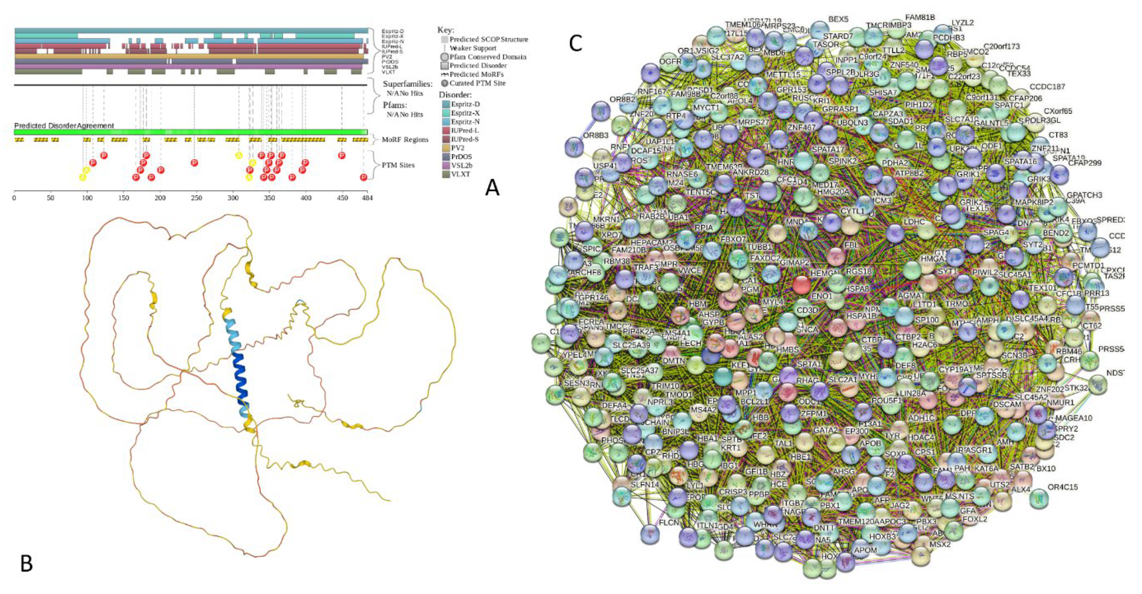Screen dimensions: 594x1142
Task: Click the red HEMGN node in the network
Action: coord(801,285)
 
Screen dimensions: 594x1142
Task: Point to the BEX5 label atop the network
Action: coord(838,19)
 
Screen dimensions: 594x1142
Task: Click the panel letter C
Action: coord(575,44)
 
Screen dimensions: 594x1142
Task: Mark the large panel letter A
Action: coord(492,188)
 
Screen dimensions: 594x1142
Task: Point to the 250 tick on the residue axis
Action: coord(196,198)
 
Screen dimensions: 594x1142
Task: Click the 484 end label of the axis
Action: coord(366,198)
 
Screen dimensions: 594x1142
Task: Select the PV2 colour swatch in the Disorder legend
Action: coord(445,148)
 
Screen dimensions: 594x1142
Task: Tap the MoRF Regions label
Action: coord(405,139)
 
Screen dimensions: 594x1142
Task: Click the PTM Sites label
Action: coord(398,165)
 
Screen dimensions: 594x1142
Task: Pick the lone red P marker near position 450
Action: coord(341,155)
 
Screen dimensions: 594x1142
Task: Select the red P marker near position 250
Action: coord(194,163)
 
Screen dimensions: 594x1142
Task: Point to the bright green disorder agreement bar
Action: coord(191,132)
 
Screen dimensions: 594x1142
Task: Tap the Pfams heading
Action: coord(394,105)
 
